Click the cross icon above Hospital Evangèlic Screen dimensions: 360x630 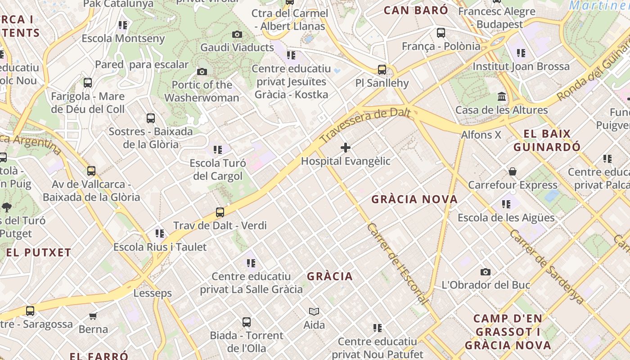coord(346,148)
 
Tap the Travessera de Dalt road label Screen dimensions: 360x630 coord(365,121)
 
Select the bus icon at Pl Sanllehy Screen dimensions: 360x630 coord(382,70)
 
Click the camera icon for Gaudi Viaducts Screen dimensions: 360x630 coord(237,34)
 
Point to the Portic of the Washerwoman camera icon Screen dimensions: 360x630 coord(202,72)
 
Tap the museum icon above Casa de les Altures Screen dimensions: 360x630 coord(502,97)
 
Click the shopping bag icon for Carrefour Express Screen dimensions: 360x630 coord(512,171)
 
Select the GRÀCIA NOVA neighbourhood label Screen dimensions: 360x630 coord(414,199)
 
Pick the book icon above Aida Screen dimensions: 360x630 coord(314,311)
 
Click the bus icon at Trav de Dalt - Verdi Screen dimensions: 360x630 coord(220,212)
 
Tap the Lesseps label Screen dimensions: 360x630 coord(153,293)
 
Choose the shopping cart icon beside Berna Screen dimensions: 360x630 coord(93,315)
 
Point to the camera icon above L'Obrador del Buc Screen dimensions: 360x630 coord(485,272)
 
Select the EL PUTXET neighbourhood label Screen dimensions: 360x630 coord(39,252)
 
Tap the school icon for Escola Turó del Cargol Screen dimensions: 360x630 coord(218,149)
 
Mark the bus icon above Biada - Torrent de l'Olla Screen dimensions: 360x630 coord(246,322)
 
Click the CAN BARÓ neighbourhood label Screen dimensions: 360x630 coord(416,10)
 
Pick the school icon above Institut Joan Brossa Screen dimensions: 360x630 coord(521,53)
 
